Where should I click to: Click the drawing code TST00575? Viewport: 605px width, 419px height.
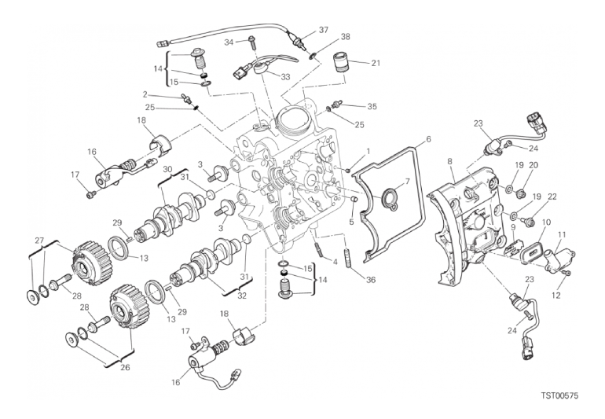pos(559,396)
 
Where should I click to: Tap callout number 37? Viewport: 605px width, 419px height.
pos(324,30)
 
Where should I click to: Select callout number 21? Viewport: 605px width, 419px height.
pos(376,63)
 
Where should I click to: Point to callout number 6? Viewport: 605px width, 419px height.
pos(428,139)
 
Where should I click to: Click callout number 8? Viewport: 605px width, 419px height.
pos(450,161)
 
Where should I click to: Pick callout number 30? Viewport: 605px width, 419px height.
pos(167,170)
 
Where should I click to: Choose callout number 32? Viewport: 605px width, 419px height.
pos(241,296)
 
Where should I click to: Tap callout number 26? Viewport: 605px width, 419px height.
pos(125,367)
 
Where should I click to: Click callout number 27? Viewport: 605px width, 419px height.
pos(39,241)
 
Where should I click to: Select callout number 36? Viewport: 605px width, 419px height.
pos(370,280)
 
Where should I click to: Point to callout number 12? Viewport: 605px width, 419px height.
pos(555,296)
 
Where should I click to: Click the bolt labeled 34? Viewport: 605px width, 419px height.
pos(252,42)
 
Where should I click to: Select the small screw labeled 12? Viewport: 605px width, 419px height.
pos(567,274)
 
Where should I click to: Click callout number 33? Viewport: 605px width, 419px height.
pos(285,77)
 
